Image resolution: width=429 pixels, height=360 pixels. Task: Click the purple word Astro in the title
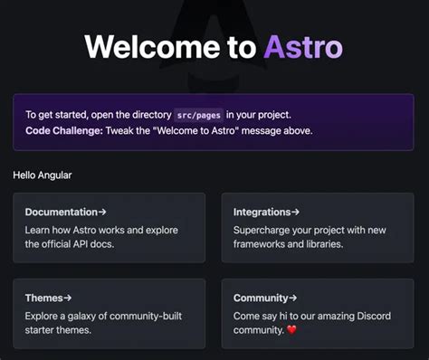tap(303, 48)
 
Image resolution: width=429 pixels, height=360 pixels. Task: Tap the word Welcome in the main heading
tap(149, 48)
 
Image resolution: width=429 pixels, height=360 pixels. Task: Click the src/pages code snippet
tap(198, 115)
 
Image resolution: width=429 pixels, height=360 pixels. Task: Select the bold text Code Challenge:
tap(64, 130)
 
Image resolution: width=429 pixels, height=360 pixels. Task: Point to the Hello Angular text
tap(43, 175)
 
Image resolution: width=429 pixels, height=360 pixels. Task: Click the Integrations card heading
tap(262, 213)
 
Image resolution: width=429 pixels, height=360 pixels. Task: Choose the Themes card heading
tap(44, 298)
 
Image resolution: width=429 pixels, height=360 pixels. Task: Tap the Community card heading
tap(261, 298)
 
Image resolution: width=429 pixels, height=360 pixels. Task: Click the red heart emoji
tap(291, 330)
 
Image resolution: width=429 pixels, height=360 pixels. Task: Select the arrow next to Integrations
tap(295, 213)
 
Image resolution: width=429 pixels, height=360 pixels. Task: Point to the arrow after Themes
tap(68, 298)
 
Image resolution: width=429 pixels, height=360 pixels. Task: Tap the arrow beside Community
tap(293, 298)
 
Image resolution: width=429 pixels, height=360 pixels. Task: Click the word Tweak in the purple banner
tap(123, 130)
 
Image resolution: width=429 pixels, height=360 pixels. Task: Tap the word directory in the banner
tap(148, 115)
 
